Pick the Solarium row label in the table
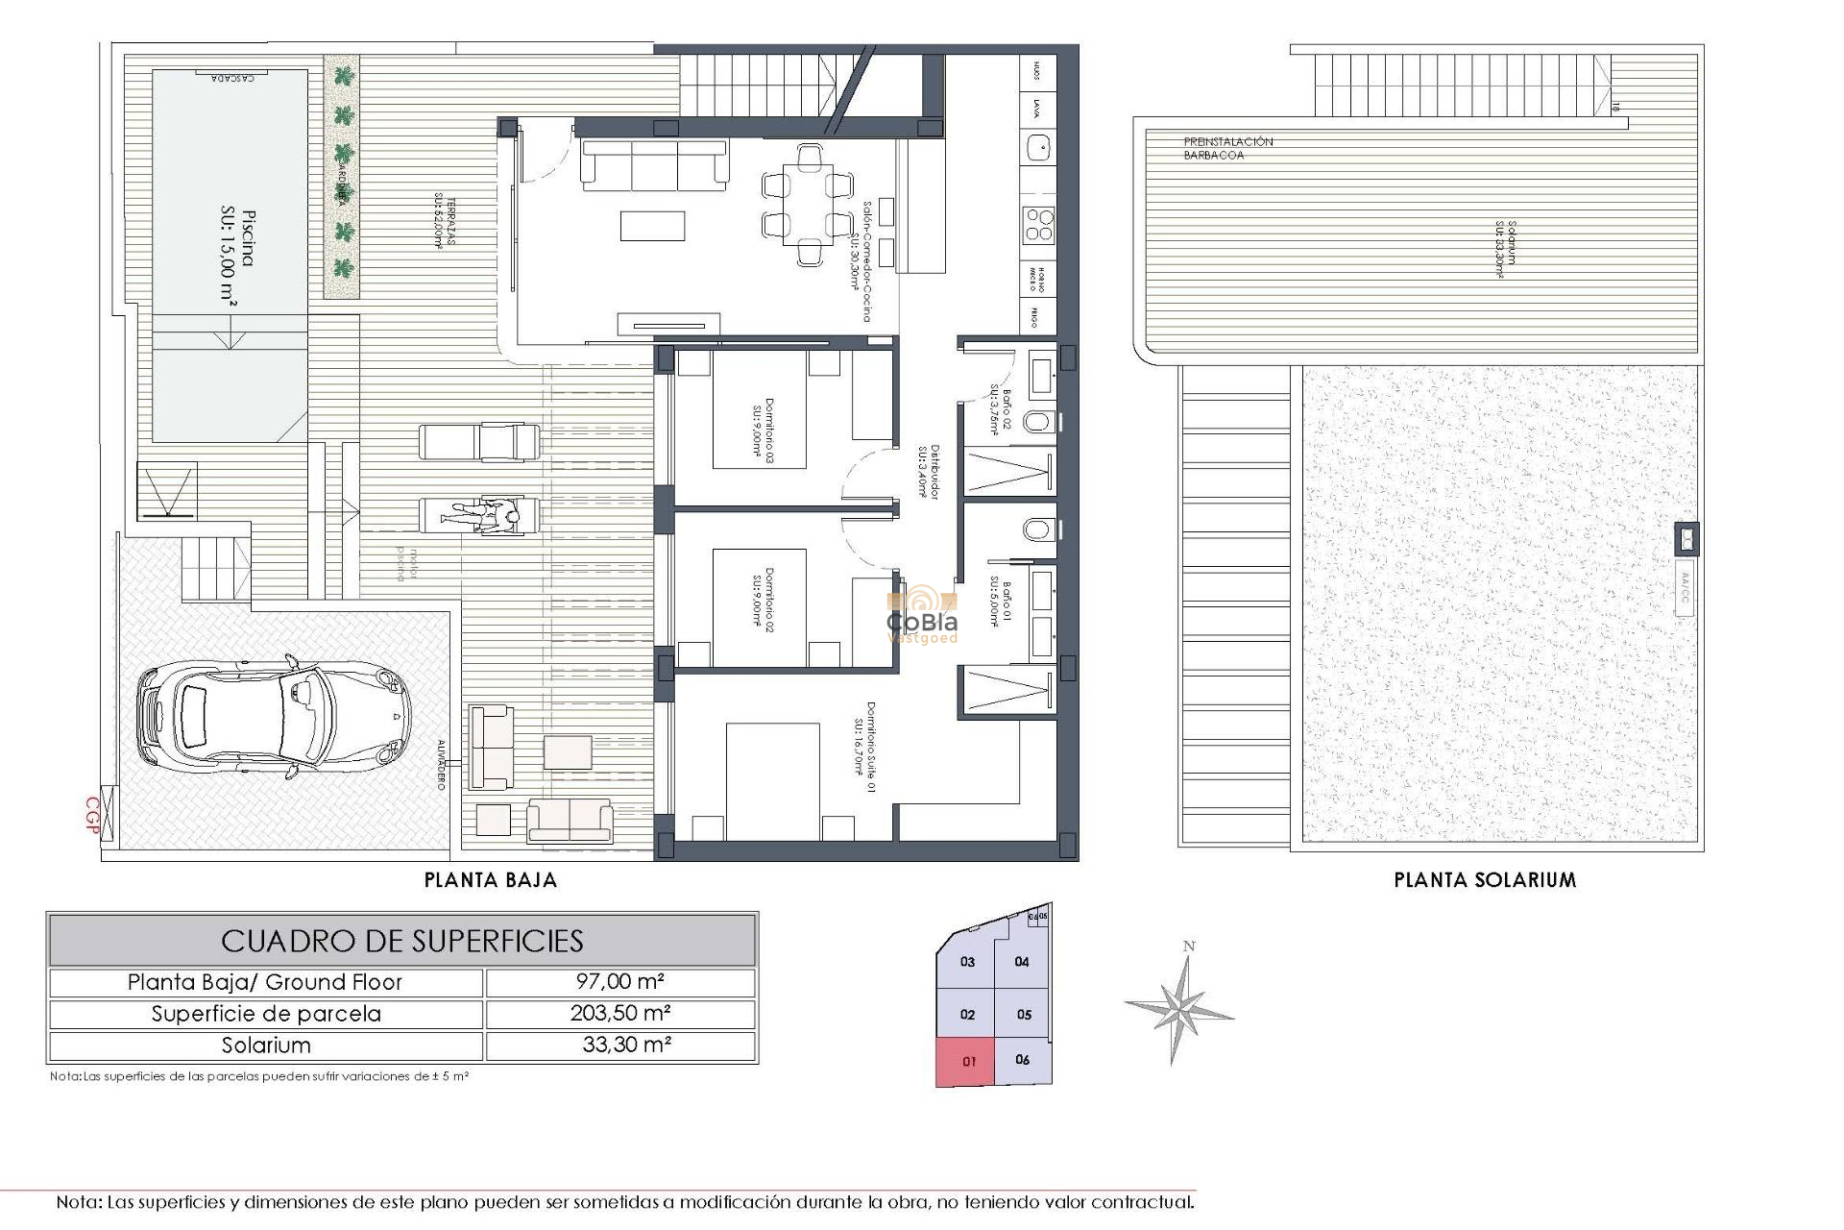tap(266, 1045)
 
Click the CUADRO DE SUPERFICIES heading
tap(401, 940)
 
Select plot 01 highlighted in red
tap(967, 1062)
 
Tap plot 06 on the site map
tap(1022, 1059)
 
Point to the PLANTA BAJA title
tap(491, 880)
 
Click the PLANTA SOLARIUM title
tap(1485, 880)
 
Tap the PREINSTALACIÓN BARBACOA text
tap(1227, 148)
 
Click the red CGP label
tap(93, 815)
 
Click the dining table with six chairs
tap(808, 204)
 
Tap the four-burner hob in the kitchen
tap(1038, 224)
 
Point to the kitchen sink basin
tap(1036, 146)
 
